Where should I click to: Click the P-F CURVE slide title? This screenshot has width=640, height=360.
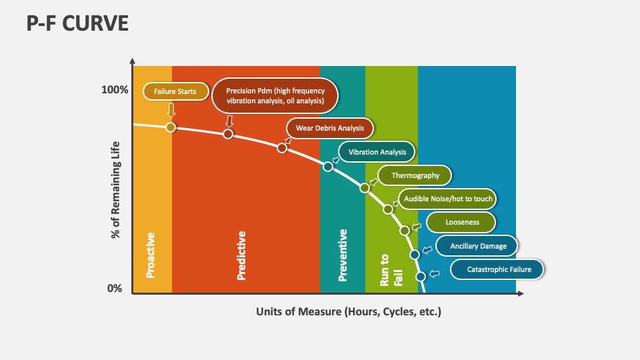[x=77, y=23]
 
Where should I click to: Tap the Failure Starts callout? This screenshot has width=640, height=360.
[x=175, y=91]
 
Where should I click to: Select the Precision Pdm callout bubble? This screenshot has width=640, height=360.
[x=275, y=96]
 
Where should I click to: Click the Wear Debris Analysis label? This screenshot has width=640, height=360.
[x=329, y=128]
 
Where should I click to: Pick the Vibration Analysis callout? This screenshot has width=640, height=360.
[x=377, y=152]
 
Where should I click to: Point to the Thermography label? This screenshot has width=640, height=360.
[x=415, y=175]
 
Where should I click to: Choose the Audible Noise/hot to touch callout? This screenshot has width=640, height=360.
[x=447, y=199]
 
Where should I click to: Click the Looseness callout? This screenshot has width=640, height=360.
[x=462, y=222]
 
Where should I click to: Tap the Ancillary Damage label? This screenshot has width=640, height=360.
[x=478, y=246]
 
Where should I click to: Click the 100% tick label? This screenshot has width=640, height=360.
[x=115, y=89]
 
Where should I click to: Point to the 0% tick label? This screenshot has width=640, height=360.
[x=115, y=288]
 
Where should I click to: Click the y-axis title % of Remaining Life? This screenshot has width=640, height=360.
[x=115, y=190]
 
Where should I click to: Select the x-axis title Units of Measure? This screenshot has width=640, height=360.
[x=349, y=311]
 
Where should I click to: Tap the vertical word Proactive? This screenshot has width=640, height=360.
[x=151, y=255]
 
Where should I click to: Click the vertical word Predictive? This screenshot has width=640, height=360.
[x=241, y=255]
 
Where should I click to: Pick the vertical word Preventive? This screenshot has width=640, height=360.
[x=343, y=255]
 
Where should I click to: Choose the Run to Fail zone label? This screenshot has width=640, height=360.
[x=391, y=269]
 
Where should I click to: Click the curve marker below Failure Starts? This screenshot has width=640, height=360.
[x=171, y=127]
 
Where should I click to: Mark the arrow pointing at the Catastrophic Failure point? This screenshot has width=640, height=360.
[x=434, y=273]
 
